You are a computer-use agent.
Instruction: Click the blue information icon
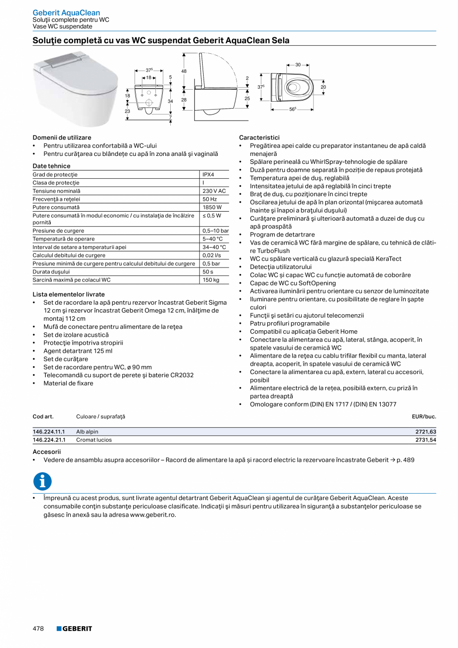pos(42,481)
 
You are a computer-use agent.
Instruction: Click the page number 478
pos(38,629)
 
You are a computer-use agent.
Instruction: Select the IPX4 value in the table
pos(209,175)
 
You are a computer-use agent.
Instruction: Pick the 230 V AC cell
pos(214,191)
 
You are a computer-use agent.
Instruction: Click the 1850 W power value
pos(212,207)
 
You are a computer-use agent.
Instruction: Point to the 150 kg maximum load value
pos(211,280)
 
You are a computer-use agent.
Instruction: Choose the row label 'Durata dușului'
pos(51,272)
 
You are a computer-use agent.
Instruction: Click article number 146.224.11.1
pos(49,432)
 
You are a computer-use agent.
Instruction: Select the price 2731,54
pos(426,440)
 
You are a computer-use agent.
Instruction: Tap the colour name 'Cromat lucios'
pos(94,440)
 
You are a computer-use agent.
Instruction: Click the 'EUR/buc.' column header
pos(424,416)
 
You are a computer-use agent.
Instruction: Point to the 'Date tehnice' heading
pos(51,166)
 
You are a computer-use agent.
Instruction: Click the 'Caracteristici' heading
pos(259,137)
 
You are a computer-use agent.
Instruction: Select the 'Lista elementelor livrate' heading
pos(69,294)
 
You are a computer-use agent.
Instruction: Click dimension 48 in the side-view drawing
pos(184,71)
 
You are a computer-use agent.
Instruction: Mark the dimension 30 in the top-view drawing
pos(298,65)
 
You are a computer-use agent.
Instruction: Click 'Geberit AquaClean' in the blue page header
pos(66,12)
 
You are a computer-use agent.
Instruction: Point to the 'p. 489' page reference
pos(405,460)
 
